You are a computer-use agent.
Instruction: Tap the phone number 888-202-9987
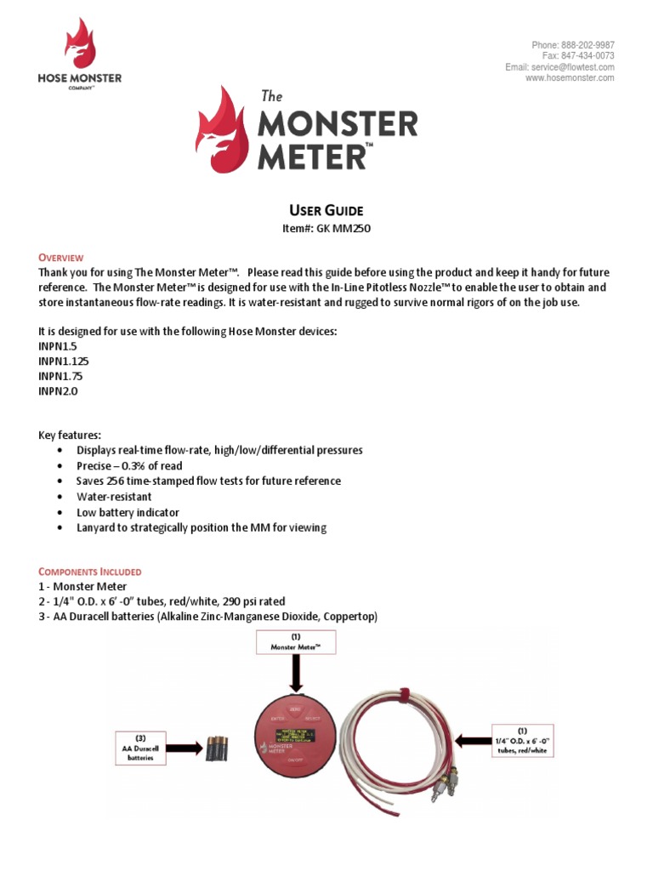click(587, 45)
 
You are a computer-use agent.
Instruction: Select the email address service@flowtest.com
click(573, 67)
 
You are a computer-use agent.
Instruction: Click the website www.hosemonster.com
click(570, 78)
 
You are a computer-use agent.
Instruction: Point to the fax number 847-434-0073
click(587, 56)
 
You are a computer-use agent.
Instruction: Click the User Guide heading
click(326, 210)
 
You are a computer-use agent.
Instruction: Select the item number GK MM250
click(344, 228)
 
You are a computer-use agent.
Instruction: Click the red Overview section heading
click(61, 258)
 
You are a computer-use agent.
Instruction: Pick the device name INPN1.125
click(64, 361)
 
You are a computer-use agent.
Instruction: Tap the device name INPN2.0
click(58, 391)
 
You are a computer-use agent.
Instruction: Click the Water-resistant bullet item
click(114, 497)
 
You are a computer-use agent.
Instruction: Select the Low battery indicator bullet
click(128, 513)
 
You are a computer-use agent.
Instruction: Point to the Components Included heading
click(90, 572)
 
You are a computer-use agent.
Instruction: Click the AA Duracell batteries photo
click(216, 749)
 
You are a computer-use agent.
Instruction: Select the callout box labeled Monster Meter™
click(296, 642)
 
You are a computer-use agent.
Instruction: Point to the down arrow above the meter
click(296, 678)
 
